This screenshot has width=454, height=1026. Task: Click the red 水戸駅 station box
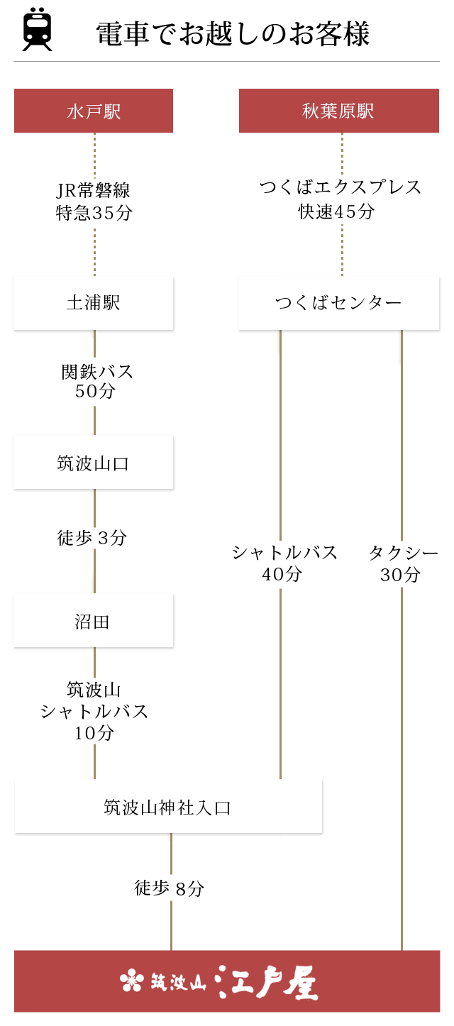point(94,111)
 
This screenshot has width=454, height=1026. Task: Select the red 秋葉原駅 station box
point(338,111)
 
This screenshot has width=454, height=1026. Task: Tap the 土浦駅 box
point(94,303)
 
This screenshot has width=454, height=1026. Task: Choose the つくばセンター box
point(338,303)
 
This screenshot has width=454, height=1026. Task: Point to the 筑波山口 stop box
point(94,463)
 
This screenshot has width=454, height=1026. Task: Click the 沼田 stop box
point(94,622)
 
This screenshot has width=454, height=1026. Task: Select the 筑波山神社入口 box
point(168,807)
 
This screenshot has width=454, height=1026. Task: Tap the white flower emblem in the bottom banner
point(131,981)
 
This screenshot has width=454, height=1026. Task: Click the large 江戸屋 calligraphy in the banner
point(266,982)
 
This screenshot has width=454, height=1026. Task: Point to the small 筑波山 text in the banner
point(177,982)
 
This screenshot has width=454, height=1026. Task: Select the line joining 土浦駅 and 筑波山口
point(94,419)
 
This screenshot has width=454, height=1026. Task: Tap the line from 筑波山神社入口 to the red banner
point(171,922)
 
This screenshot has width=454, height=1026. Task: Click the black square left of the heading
point(37,29)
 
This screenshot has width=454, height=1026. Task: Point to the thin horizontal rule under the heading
point(226,62)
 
